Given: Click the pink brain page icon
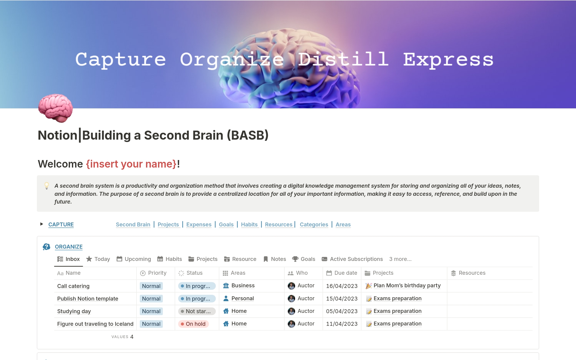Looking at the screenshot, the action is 55,108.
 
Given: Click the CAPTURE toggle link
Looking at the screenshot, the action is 61,225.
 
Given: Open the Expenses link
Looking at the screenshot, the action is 199,225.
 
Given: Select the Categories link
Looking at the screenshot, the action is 314,225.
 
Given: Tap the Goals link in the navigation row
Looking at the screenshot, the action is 226,225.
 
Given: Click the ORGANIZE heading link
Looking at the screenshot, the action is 69,247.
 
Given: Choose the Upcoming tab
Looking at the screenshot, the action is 134,259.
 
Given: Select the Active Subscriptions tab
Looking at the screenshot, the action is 352,259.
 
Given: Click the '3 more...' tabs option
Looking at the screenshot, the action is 400,259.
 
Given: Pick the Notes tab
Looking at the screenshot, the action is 274,259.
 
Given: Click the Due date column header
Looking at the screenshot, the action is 342,273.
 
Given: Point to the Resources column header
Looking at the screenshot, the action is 468,273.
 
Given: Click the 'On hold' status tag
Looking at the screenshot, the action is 193,324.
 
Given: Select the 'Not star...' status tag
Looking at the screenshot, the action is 197,311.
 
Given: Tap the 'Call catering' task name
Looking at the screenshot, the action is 73,286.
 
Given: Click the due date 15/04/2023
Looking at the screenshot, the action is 342,299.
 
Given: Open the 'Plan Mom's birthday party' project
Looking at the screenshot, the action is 403,286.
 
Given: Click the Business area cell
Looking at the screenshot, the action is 239,286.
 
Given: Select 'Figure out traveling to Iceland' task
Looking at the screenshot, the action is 95,324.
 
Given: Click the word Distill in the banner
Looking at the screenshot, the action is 343,59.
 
